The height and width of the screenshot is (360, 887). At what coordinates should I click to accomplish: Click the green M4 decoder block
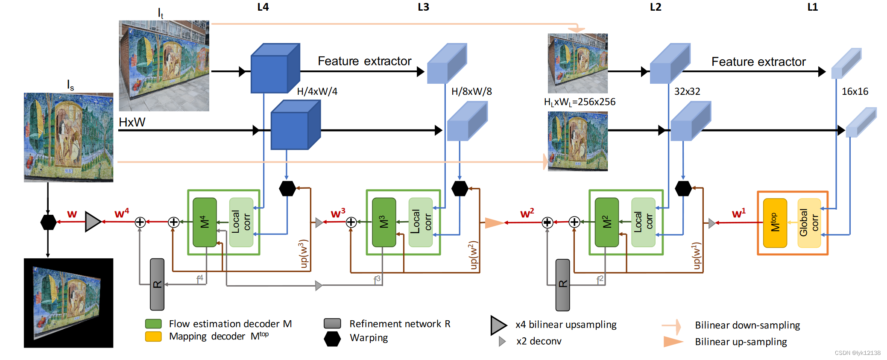(x=205, y=222)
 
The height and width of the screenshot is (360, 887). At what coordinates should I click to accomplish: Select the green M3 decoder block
(x=384, y=222)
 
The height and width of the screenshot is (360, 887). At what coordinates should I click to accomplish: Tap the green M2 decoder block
(x=606, y=222)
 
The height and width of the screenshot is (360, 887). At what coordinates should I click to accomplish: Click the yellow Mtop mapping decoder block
(x=775, y=223)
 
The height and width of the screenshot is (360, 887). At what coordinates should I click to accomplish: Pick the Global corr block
(x=809, y=223)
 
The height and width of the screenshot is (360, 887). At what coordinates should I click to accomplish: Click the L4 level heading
(x=263, y=7)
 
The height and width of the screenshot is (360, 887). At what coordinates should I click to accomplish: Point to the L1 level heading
(x=813, y=7)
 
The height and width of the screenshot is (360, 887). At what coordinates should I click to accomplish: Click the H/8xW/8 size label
(x=471, y=91)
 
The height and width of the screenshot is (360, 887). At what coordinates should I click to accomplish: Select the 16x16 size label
(x=855, y=91)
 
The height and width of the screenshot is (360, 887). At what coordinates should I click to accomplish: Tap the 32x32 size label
(x=687, y=91)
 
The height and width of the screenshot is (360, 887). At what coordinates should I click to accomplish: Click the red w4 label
(x=122, y=213)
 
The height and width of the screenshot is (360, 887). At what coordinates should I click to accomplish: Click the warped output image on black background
(x=68, y=303)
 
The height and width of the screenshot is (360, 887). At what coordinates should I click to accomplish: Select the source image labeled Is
(x=68, y=138)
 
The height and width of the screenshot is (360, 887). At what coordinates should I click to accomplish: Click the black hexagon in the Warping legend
(x=332, y=339)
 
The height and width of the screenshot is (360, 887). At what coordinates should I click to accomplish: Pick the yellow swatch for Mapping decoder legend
(x=153, y=337)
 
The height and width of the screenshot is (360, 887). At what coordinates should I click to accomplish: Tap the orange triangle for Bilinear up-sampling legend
(x=673, y=342)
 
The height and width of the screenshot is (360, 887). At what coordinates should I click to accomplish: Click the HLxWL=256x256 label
(x=580, y=102)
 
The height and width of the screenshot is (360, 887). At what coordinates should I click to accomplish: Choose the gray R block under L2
(x=562, y=285)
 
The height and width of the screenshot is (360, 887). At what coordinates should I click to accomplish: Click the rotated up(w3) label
(x=303, y=254)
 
